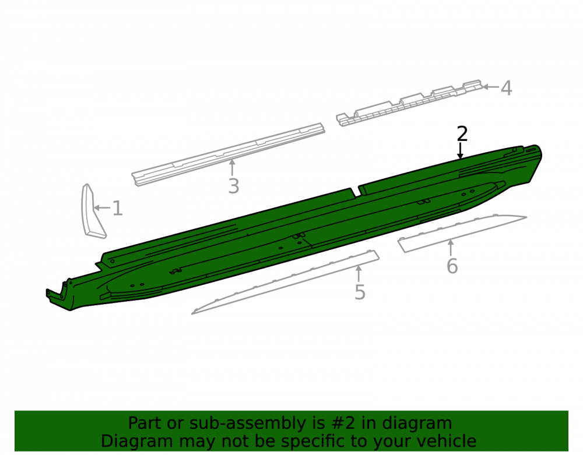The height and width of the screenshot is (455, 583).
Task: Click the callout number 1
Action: point(118,208)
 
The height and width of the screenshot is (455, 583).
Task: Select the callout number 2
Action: point(462,134)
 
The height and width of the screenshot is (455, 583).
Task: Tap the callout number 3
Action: point(234,186)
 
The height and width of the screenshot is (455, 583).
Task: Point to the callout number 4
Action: point(507,89)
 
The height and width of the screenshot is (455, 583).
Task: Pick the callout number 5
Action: point(360,292)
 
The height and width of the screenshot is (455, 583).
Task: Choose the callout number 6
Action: point(452,266)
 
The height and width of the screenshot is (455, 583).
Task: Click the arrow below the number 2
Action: point(461,151)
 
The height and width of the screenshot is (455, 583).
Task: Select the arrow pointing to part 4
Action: point(491,87)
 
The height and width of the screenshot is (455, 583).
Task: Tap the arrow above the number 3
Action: point(232,168)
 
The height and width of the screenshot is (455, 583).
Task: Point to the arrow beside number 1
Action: point(102,207)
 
